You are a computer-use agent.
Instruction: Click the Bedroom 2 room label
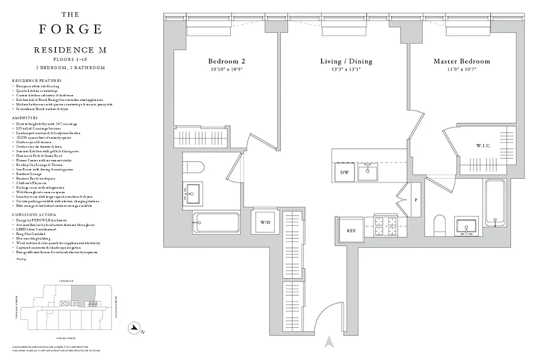226,61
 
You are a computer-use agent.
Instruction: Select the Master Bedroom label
462,61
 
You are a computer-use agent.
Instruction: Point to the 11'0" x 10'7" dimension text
462,69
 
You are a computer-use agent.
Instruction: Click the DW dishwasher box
344,172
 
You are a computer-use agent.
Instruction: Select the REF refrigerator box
351,230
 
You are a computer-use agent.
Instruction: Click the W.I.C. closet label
483,146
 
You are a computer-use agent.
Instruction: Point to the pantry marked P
416,199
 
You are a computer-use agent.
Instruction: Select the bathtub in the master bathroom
495,202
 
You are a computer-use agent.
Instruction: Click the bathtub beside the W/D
216,222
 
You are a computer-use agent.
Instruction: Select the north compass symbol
134,328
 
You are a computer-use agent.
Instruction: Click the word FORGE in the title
70,29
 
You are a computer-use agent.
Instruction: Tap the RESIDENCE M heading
70,50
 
